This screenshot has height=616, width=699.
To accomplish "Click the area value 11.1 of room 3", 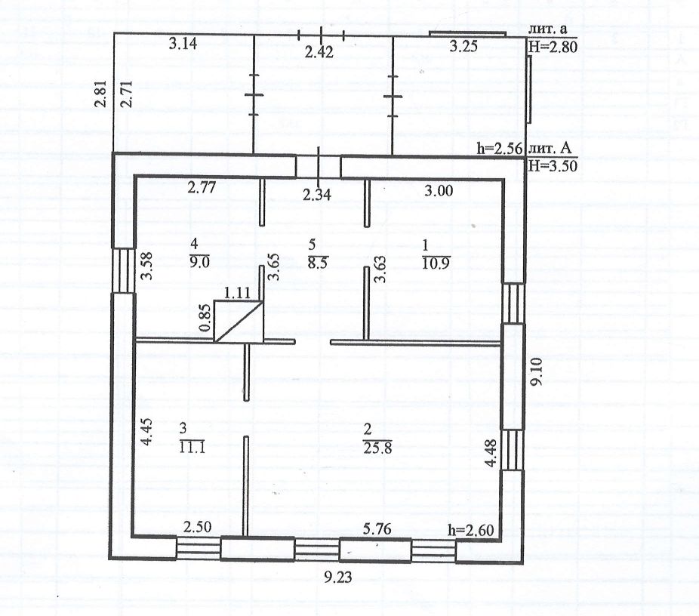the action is (192, 445).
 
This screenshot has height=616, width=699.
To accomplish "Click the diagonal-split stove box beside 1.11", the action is (239, 321).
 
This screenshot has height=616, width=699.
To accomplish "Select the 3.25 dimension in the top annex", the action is (463, 47).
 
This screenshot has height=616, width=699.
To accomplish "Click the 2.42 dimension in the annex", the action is (318, 53).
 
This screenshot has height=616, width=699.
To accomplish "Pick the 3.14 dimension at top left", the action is (183, 45).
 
